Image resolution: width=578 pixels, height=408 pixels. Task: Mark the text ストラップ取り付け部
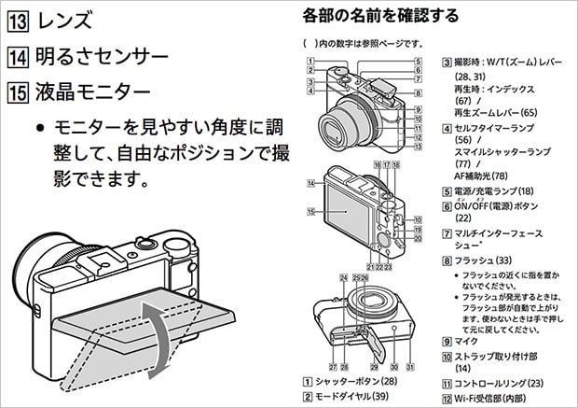click(502, 355)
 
